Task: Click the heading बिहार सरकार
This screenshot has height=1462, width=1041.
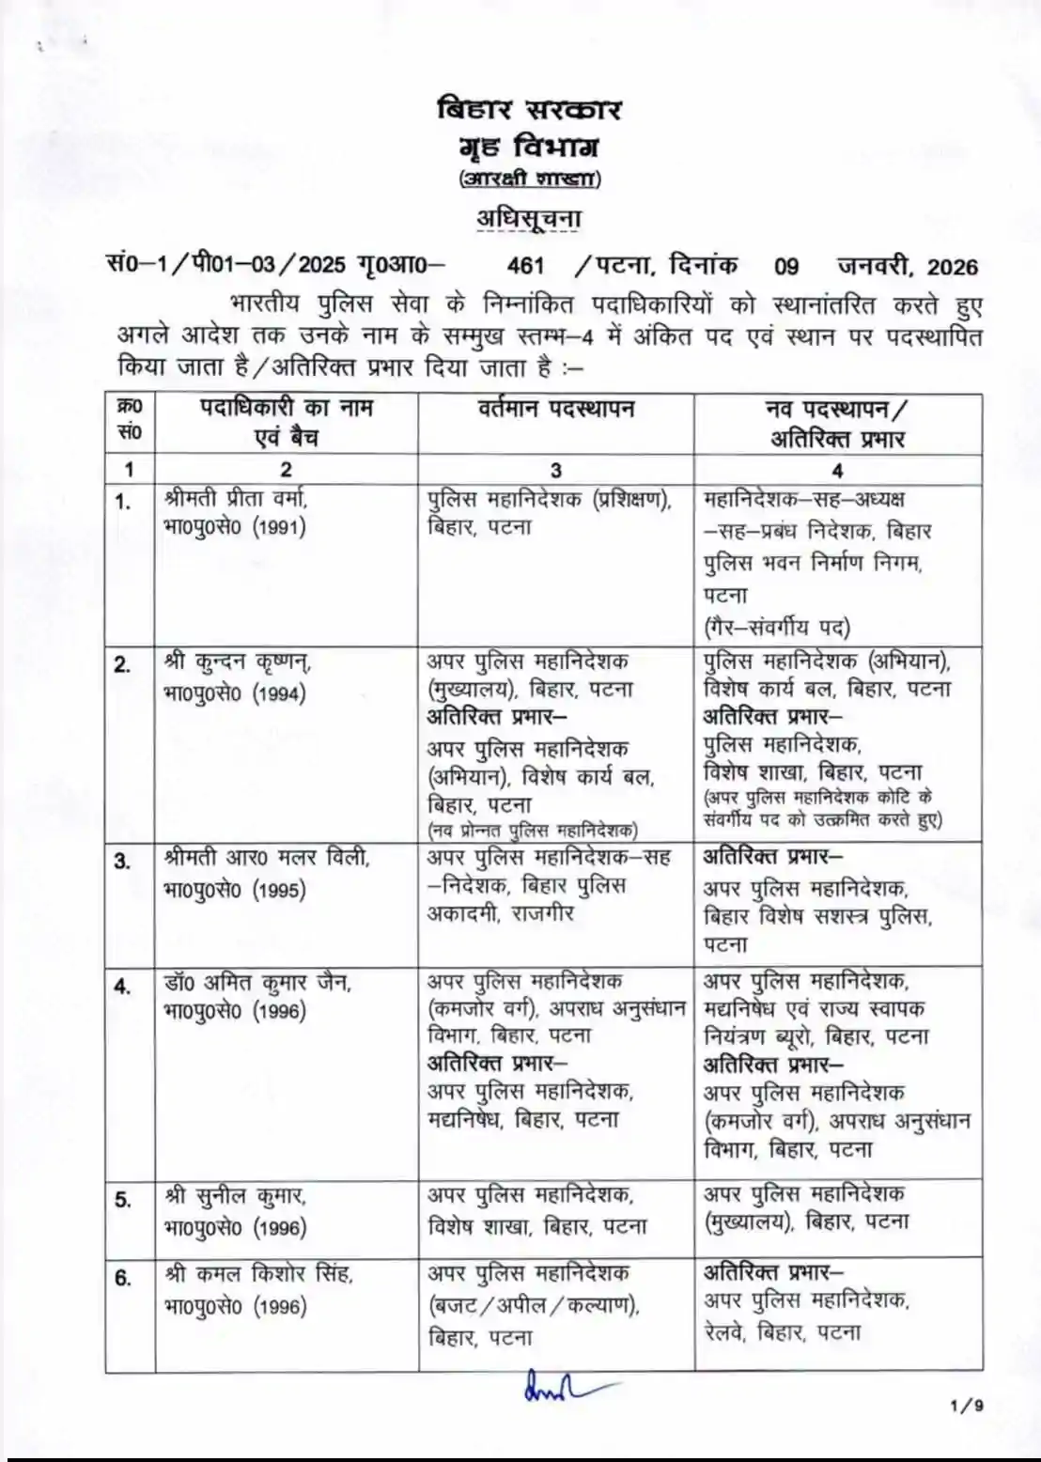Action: coord(530,109)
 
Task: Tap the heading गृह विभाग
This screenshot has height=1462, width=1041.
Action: coord(530,147)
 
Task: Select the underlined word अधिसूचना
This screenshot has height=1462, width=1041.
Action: coord(530,218)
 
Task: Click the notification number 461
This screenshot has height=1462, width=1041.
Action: coord(526,266)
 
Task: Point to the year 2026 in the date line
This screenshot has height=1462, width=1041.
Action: coord(952,267)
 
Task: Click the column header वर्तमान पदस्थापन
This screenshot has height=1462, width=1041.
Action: coord(555,409)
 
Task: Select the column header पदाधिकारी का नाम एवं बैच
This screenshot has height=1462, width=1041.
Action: coord(287,423)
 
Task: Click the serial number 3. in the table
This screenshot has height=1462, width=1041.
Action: coord(123,861)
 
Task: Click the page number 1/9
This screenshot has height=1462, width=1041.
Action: coord(967,1407)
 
